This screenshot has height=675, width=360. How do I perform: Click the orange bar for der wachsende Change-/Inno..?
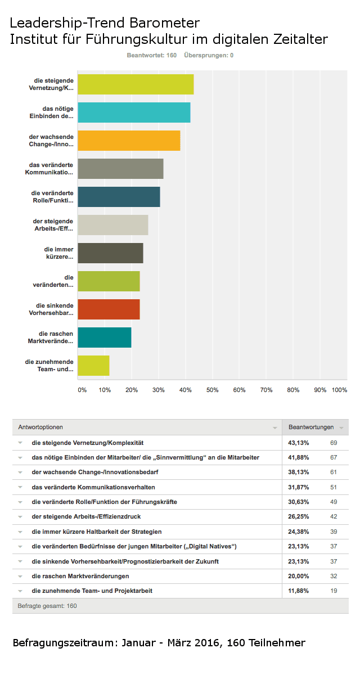(x=129, y=141)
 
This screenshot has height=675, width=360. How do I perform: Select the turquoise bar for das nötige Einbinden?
(x=134, y=112)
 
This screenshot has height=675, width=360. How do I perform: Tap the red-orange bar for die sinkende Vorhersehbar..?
(x=109, y=309)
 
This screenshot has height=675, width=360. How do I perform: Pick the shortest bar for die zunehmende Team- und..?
(x=93, y=366)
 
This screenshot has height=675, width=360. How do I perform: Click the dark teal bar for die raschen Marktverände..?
(x=105, y=337)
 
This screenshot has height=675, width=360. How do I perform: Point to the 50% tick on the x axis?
(x=212, y=390)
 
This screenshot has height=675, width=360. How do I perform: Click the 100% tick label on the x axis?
(x=340, y=390)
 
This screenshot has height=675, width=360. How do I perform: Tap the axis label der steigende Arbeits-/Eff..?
(x=53, y=225)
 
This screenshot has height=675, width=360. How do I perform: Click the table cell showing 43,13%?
(x=298, y=443)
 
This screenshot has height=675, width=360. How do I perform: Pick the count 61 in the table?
(x=334, y=472)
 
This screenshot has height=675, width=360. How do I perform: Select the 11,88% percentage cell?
(x=298, y=591)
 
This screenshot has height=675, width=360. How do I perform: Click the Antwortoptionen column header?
(x=40, y=427)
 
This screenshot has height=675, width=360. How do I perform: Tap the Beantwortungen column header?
(x=311, y=427)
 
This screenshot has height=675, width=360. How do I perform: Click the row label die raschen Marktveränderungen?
(x=80, y=576)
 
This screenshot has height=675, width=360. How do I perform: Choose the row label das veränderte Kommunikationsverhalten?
(x=93, y=487)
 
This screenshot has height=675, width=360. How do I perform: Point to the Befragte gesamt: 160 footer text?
(x=47, y=606)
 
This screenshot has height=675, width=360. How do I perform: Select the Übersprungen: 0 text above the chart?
(x=209, y=55)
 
